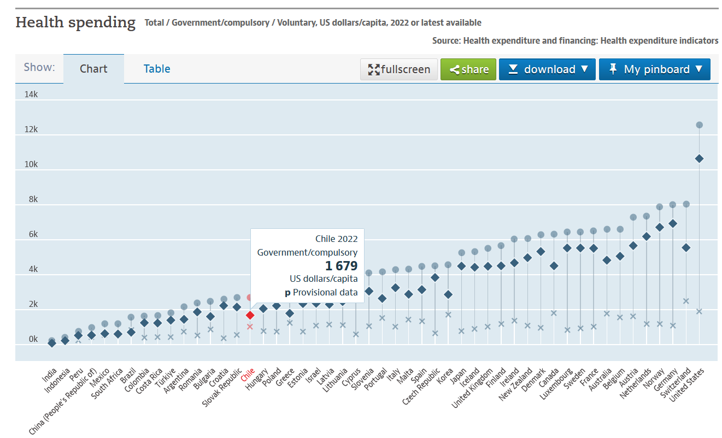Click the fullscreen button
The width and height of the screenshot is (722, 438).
(399, 69)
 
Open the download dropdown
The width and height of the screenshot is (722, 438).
(547, 69)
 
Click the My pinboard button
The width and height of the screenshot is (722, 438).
(655, 69)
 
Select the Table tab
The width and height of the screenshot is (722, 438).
(157, 69)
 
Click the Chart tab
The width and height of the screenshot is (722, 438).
(93, 69)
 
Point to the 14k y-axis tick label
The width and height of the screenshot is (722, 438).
(31, 94)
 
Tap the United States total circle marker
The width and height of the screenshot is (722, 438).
(699, 125)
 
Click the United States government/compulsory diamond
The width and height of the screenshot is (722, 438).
(699, 158)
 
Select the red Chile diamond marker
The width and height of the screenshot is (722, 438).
(250, 315)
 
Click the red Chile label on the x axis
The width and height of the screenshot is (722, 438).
(248, 375)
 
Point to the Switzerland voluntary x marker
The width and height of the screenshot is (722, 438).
(686, 301)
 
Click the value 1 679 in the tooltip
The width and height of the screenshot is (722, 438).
(341, 266)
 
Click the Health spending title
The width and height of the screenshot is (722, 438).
(75, 23)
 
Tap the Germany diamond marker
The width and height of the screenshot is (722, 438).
(673, 223)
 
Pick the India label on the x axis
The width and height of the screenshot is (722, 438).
(49, 375)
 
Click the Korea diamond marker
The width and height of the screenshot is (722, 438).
(448, 294)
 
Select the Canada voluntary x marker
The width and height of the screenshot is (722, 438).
(554, 313)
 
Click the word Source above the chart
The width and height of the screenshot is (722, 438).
(447, 40)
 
